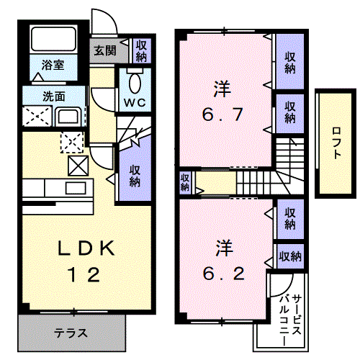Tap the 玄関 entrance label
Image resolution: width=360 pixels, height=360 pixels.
click(102, 50)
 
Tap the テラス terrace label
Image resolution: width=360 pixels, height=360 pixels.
click(71, 333)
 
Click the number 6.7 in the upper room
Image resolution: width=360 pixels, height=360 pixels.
click(222, 114)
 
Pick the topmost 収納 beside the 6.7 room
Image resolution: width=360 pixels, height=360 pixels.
click(289, 63)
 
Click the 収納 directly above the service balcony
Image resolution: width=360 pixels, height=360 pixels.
click(289, 256)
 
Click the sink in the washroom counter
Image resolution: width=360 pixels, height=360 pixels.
click(69, 117)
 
